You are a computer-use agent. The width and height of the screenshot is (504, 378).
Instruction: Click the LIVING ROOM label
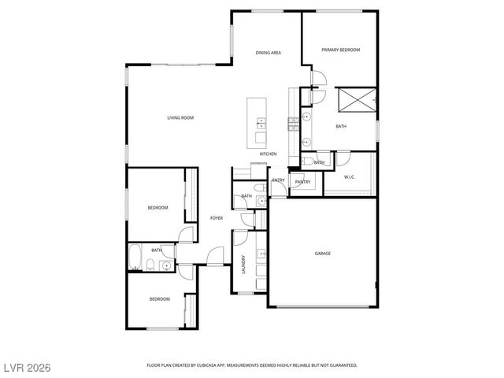point(180,118)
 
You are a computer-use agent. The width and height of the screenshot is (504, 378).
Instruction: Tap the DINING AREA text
point(268,53)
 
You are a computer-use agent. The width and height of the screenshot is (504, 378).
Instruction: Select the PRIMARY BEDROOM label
point(340,50)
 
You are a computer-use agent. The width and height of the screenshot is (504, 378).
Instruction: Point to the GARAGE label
point(323,254)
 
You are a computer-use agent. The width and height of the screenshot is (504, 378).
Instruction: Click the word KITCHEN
point(268,154)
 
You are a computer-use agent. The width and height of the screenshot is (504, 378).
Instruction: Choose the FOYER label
point(216,218)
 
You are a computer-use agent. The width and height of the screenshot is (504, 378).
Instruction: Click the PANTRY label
point(302,183)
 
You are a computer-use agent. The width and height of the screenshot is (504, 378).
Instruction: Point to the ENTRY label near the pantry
point(279,180)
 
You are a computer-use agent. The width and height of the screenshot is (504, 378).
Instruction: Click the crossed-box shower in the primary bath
point(354,101)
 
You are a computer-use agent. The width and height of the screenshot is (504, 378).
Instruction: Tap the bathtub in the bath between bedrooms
point(135,257)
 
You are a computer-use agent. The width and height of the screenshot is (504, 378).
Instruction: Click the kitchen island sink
point(261,122)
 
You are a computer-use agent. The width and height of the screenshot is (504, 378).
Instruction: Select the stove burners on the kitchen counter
point(292,121)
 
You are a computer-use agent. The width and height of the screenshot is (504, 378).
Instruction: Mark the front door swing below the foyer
point(215,257)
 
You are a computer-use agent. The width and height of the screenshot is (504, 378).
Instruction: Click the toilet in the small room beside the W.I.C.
point(307,162)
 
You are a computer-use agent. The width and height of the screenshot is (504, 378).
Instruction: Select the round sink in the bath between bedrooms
point(167,266)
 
